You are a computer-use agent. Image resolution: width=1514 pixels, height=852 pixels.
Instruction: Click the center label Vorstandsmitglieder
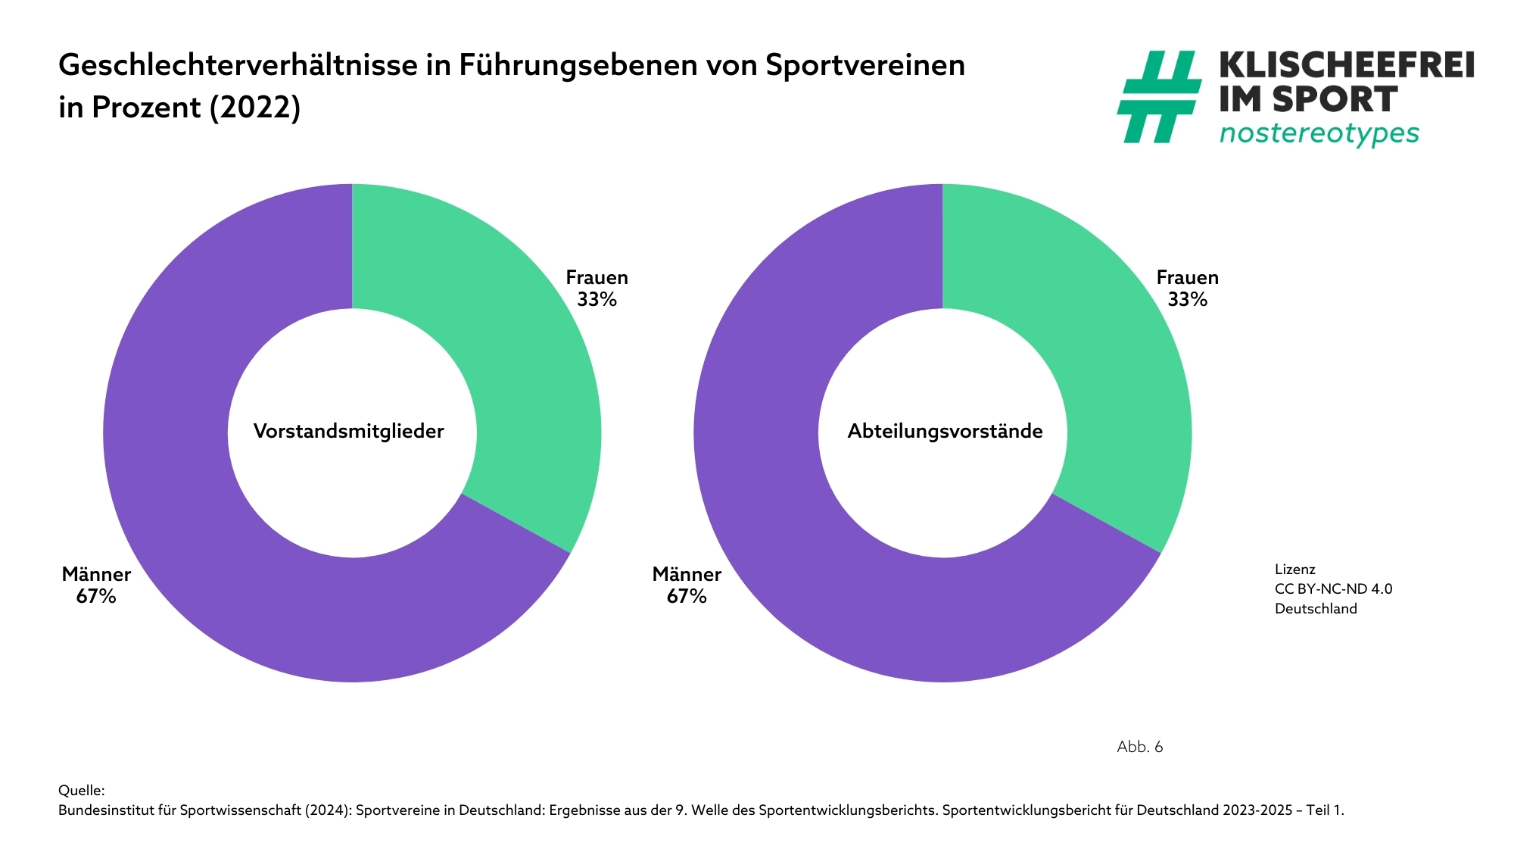pos(348,432)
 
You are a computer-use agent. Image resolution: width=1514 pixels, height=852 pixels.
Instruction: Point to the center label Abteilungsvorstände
pos(945,432)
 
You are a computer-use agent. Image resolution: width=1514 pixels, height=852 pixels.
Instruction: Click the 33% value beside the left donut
pos(597,300)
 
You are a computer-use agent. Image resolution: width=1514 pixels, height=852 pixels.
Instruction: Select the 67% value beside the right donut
pos(687,597)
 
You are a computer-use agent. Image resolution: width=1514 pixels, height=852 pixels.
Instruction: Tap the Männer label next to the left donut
pos(96,574)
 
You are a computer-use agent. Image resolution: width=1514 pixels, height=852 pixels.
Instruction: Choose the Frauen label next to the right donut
pos(1187,278)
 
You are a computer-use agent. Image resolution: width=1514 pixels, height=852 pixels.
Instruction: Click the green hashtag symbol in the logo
pos(1158,96)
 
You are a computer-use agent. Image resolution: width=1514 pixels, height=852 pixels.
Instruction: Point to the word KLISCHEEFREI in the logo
pos(1347,65)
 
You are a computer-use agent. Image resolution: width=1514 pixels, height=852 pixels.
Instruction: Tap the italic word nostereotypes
pos(1319,133)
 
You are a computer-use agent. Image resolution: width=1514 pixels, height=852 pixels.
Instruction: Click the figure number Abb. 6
pos(1139,747)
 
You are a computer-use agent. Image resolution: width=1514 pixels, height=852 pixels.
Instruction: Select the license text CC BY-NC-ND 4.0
pos(1333,589)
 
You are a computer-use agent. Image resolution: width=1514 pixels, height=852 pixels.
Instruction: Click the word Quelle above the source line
pos(81,791)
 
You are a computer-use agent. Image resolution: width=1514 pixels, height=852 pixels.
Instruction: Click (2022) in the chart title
pos(254,108)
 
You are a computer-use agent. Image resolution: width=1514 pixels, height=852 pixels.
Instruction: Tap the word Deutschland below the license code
pos(1316,609)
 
